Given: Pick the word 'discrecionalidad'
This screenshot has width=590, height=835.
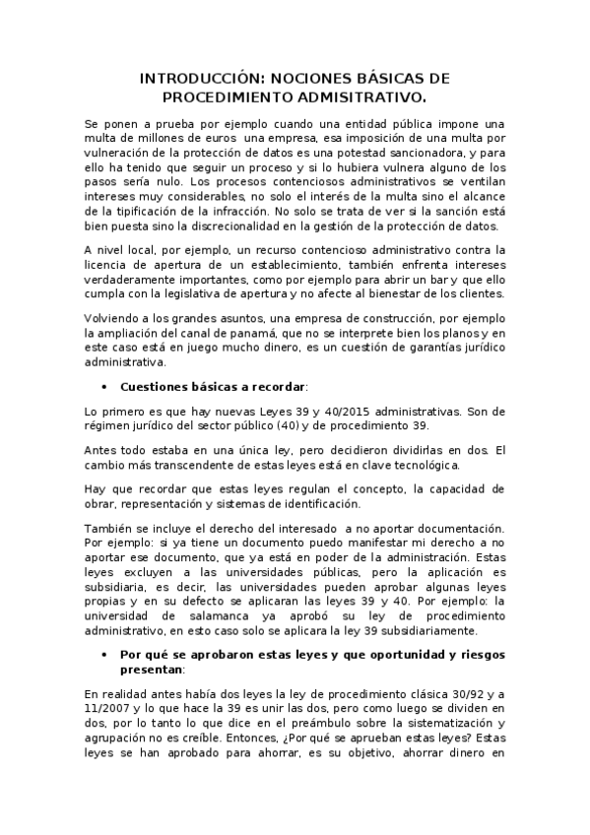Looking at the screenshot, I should tap(226, 225).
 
